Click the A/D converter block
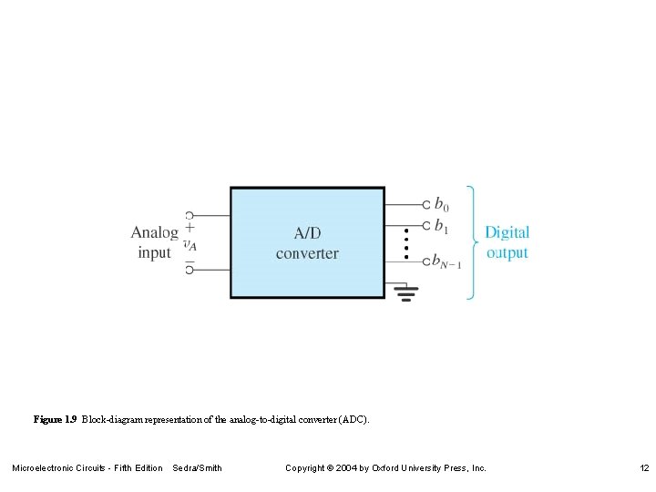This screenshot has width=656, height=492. [307, 242]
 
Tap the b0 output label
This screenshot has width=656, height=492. [441, 205]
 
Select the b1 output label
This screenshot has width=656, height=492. [441, 225]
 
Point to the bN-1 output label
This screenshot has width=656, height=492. [446, 262]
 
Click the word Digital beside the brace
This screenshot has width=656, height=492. [507, 233]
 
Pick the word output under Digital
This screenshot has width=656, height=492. [507, 252]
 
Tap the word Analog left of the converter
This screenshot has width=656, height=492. [154, 232]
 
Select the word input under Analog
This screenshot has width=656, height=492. [154, 252]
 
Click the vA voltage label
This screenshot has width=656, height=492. [190, 244]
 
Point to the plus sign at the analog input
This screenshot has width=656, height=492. [190, 228]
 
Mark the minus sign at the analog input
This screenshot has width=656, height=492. [190, 259]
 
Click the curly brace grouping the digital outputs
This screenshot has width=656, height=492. [471, 242]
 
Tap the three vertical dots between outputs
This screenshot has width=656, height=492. [405, 242]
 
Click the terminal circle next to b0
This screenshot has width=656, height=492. [425, 205]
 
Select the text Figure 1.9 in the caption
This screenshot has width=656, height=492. [55, 420]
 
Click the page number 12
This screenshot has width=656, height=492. [644, 468]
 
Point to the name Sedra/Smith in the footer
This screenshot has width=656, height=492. [197, 468]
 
